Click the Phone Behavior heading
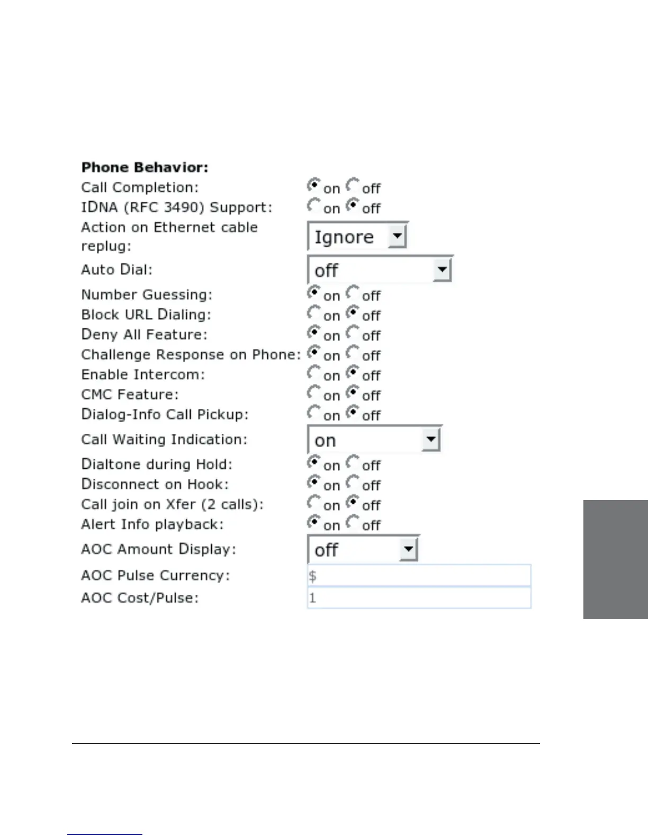pos(145,167)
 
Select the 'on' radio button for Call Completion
pos(313,185)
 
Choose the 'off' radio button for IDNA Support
pos(353,206)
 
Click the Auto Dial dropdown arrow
pos(442,270)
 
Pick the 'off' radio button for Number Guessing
pos(353,293)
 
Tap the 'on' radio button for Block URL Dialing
pos(313,313)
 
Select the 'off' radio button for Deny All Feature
pos(353,333)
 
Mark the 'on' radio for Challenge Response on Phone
pos(313,353)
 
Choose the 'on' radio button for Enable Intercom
pos(313,373)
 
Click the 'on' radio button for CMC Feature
pos(313,393)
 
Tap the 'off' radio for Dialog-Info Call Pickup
pos(353,413)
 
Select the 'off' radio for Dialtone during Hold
pos(353,463)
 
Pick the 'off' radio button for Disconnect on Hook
pos(353,483)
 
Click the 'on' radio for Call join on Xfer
pos(313,503)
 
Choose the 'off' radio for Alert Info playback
pos(353,523)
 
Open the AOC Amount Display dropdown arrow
pos(408,549)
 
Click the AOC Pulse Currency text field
pos(419,576)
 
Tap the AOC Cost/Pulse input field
pos(419,598)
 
